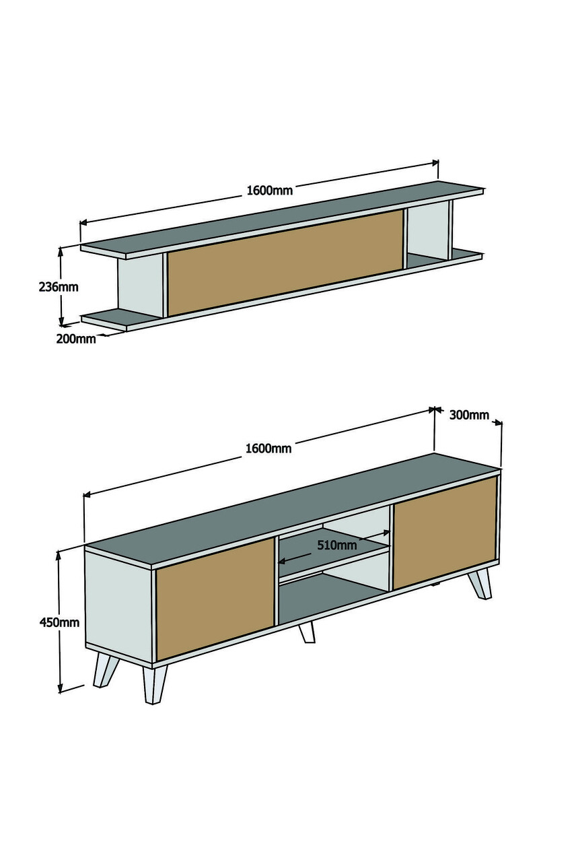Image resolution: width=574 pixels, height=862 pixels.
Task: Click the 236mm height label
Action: [x=59, y=287]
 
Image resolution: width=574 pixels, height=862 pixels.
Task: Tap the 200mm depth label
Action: [x=76, y=339]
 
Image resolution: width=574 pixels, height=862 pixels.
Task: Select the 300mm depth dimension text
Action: [x=469, y=415]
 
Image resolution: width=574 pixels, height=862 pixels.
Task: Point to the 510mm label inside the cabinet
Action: [x=336, y=545]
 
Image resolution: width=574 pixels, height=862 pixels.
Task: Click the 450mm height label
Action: [x=59, y=622]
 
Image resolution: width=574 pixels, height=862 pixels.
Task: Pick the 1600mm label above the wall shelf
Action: [x=270, y=190]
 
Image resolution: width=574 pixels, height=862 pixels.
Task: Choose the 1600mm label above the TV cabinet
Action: [x=268, y=448]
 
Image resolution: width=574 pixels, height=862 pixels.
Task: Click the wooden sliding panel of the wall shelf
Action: [x=285, y=263]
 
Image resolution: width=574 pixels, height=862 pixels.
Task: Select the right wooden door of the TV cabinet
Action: [x=445, y=532]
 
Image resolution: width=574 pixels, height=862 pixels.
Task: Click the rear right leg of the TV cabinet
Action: [x=480, y=583]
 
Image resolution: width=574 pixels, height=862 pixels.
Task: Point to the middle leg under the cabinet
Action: [x=307, y=632]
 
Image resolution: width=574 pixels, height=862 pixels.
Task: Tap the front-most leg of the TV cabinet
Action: [x=155, y=685]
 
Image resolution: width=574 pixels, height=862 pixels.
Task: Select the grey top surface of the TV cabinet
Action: [x=292, y=510]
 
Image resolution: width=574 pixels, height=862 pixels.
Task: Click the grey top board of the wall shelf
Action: [x=282, y=218]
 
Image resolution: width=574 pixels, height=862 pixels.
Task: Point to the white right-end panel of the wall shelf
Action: [x=427, y=231]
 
